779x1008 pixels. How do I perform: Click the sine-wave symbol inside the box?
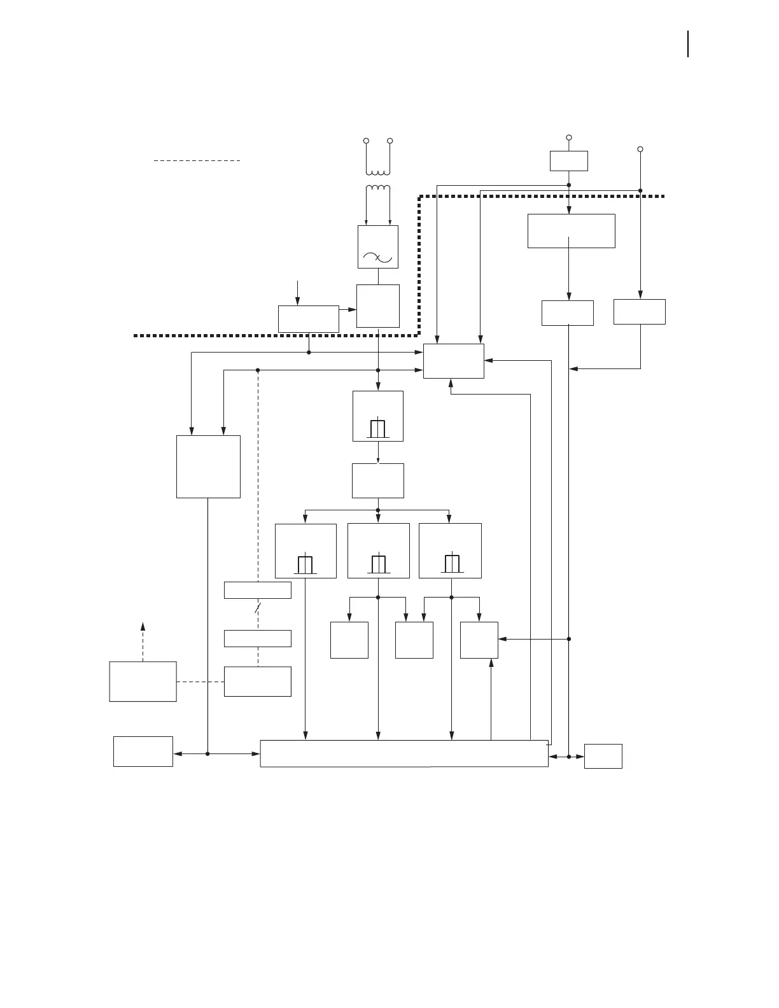pos(378,257)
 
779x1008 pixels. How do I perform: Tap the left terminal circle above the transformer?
pos(366,141)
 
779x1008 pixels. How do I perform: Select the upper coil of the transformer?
pos(378,171)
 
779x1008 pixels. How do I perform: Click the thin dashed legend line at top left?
pos(197,161)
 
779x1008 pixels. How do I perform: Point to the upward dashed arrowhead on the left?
pos(143,626)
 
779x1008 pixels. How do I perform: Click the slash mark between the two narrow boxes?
pos(257,609)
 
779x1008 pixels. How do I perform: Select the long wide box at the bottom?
pos(404,753)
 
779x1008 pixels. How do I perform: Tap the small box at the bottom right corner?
pos(603,756)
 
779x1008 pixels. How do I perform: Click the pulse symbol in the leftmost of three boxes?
pos(305,564)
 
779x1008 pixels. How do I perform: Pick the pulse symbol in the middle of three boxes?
pos(379,564)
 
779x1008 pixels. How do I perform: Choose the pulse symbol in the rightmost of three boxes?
pos(452,564)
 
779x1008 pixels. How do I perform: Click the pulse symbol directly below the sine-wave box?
pos(378,429)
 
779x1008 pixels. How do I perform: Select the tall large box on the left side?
pos(208,466)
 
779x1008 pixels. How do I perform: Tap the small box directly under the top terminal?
pos(569,161)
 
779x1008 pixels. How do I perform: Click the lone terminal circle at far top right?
pos(640,149)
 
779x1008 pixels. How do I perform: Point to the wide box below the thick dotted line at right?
pos(572,231)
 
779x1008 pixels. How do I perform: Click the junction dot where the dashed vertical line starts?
pos(258,370)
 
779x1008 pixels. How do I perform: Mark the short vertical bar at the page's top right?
pos(688,45)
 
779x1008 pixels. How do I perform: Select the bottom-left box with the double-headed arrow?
pos(143,752)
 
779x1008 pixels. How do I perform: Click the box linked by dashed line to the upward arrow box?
pos(258,682)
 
